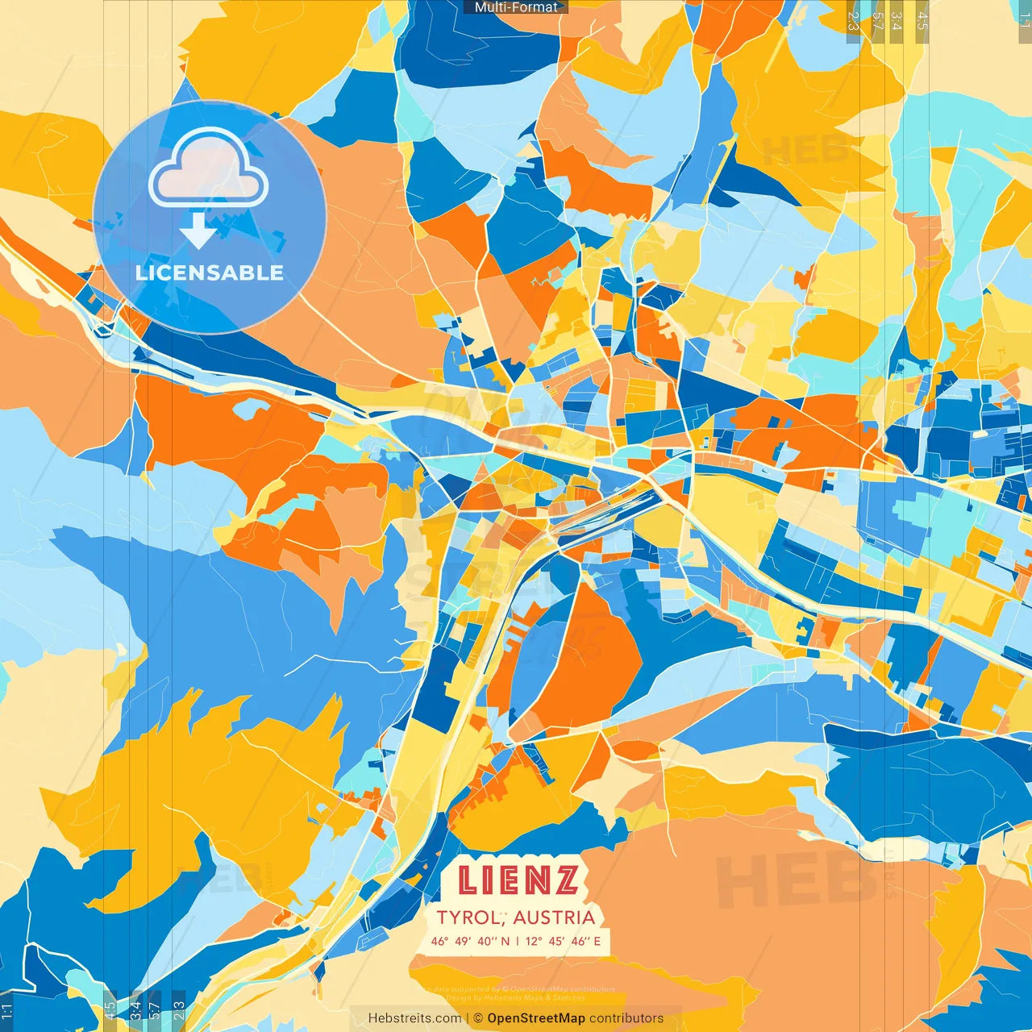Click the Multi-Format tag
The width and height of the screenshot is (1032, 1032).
click(516, 7)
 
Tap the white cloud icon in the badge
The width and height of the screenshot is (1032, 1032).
click(209, 169)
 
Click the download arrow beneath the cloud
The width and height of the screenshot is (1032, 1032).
click(198, 231)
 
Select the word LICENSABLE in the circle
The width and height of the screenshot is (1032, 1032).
click(210, 273)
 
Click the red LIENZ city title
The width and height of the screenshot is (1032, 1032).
click(518, 881)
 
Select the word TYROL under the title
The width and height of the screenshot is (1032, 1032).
click(468, 918)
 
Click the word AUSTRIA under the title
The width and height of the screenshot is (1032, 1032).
click(554, 918)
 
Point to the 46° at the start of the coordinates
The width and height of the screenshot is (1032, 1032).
click(439, 941)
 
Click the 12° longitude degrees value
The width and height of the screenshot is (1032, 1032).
click(535, 941)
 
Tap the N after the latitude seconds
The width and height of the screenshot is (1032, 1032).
click(505, 941)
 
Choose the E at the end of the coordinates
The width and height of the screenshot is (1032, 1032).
click(597, 941)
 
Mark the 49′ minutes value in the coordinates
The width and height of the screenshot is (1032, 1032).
click(463, 941)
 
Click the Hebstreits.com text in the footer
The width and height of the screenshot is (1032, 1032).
click(414, 1018)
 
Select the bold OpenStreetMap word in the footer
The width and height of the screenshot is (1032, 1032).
click(536, 1018)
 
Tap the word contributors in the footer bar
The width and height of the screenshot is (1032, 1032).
click(626, 1018)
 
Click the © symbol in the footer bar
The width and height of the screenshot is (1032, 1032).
click(478, 1018)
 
